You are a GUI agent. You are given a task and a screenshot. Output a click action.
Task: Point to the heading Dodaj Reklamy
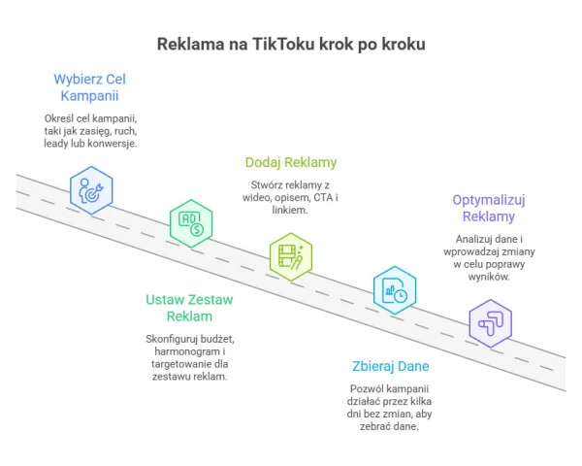point(290,162)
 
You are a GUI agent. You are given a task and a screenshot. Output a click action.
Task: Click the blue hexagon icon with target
point(91,189)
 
